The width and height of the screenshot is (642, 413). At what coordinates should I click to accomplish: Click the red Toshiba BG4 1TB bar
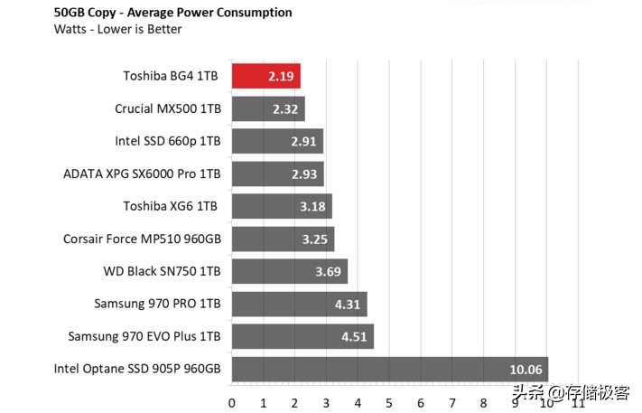pos(265,76)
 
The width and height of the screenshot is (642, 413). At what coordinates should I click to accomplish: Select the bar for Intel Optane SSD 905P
pos(389,369)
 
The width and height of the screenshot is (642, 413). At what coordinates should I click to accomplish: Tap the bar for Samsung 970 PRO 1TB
pos(299,304)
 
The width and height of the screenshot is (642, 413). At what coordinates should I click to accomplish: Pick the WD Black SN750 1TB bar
pos(289,271)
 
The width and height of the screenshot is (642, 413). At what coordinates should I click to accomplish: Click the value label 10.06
pos(526,369)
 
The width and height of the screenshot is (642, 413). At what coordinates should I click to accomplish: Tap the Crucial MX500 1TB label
pos(168,108)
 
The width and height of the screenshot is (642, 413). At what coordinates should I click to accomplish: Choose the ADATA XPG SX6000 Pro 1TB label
pos(142,174)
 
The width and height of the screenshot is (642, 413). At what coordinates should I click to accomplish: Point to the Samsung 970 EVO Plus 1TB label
pos(144,336)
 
